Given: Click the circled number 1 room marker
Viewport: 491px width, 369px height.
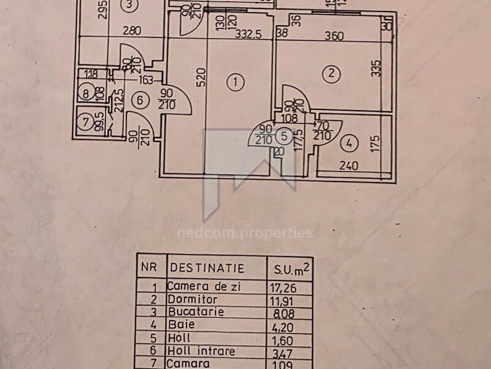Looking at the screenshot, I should click(x=234, y=81).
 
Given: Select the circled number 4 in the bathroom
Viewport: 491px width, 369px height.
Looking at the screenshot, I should click(x=349, y=145).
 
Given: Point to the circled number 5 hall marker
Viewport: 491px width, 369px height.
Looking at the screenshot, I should click(x=284, y=135).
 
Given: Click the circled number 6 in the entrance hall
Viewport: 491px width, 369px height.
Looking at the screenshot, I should click(x=139, y=99).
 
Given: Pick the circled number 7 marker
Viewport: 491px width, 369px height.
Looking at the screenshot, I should click(x=86, y=120).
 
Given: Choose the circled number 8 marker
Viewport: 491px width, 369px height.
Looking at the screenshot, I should click(x=87, y=94).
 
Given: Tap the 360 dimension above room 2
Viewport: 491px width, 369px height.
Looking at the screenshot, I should click(x=333, y=36).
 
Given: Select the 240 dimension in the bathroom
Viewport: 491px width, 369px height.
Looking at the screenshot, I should click(x=349, y=165).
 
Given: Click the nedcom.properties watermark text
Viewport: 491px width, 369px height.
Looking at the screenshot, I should click(x=245, y=233).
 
